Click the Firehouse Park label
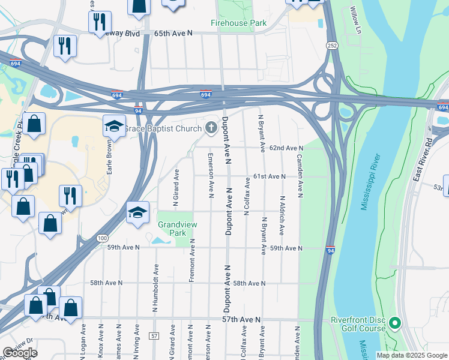pos(238,23)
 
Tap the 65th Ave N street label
pos(173,34)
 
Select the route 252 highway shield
pos(331,46)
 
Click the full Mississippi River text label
pos(370,182)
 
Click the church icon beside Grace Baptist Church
pos(211,127)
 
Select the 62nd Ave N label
pos(287,148)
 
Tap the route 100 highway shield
pos(103,239)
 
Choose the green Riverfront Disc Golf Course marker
pos(394,324)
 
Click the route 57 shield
pos(154,336)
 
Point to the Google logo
pos(20,353)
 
